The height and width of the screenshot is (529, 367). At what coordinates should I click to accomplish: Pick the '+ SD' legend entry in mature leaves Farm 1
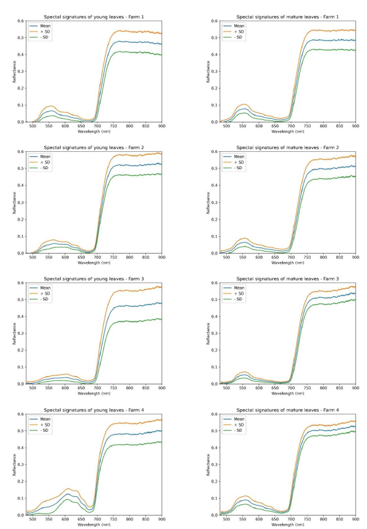[239, 32]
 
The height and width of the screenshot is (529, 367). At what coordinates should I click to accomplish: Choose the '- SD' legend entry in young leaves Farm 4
[45, 430]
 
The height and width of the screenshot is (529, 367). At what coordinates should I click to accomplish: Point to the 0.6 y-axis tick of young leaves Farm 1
[21, 21]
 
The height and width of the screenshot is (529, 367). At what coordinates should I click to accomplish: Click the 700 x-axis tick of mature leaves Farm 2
[291, 257]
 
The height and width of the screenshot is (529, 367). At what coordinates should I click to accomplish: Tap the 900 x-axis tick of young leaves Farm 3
[162, 388]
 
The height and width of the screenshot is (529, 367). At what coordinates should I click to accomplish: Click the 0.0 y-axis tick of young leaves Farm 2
[21, 253]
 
